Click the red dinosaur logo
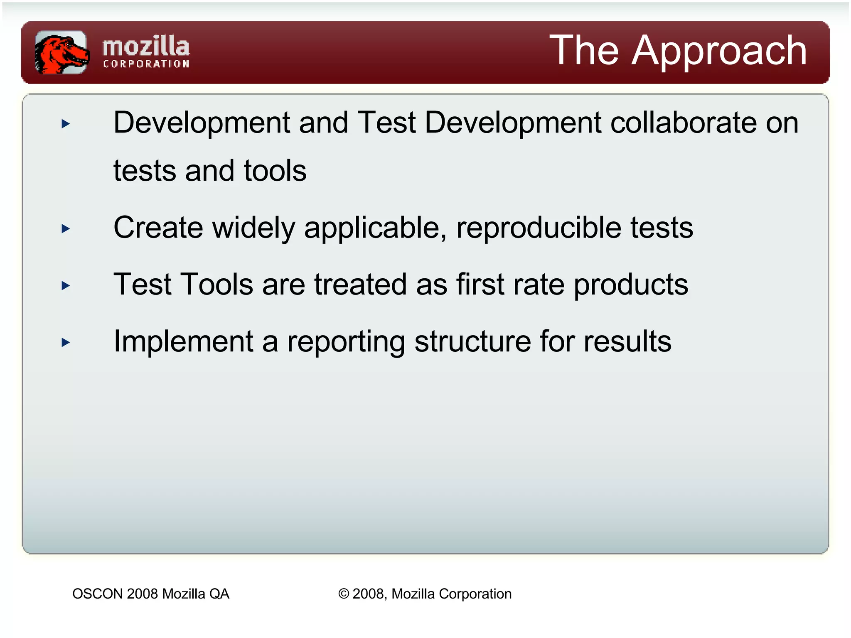[x=61, y=53]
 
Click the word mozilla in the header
[x=146, y=47]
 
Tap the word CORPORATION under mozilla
[x=146, y=64]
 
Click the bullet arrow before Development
[x=65, y=124]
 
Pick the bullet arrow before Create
[x=65, y=228]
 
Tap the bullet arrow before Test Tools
[x=65, y=285]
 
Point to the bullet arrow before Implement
[x=65, y=342]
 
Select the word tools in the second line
[x=275, y=171]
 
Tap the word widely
[x=253, y=228]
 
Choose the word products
[x=630, y=285]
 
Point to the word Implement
[x=183, y=342]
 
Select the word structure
[x=472, y=342]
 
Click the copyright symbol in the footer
[x=344, y=594]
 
